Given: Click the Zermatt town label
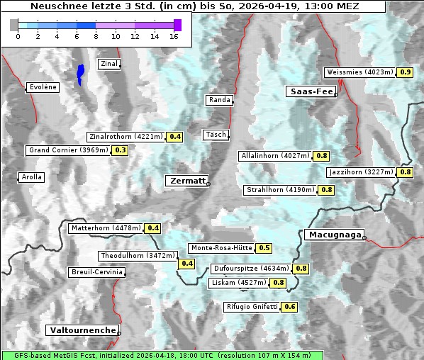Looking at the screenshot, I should click(x=187, y=181).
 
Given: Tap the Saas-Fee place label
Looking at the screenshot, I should click(x=310, y=91).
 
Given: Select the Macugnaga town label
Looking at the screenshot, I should click(x=333, y=235).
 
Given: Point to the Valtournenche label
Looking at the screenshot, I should click(x=82, y=330).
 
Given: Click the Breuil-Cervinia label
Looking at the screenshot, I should click(x=97, y=272).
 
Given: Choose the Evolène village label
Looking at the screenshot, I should click(x=43, y=87).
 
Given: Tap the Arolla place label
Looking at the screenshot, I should click(x=31, y=177).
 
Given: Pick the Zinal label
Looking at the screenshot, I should click(x=108, y=64).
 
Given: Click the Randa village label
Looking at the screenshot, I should click(x=219, y=100).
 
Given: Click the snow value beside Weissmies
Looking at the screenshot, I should click(x=405, y=72).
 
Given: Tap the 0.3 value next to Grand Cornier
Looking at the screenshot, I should click(x=120, y=150).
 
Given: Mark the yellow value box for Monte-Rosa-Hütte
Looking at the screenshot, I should click(x=264, y=248).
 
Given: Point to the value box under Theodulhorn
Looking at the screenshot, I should click(x=187, y=264).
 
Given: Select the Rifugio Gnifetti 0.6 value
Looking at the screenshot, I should click(x=289, y=307).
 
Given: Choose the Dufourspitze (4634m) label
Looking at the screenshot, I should click(x=251, y=269).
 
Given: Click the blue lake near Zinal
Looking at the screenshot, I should click(x=81, y=74).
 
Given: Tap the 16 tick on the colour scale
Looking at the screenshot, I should click(x=174, y=35).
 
